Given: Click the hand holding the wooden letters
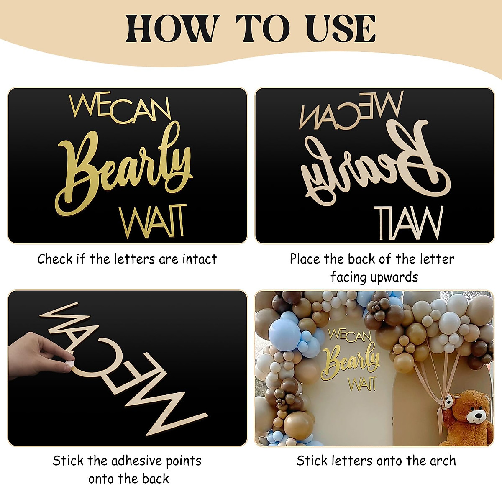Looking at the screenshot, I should click(38, 356).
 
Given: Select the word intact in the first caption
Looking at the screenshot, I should click(200, 259).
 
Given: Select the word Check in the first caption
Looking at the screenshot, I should click(55, 259).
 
